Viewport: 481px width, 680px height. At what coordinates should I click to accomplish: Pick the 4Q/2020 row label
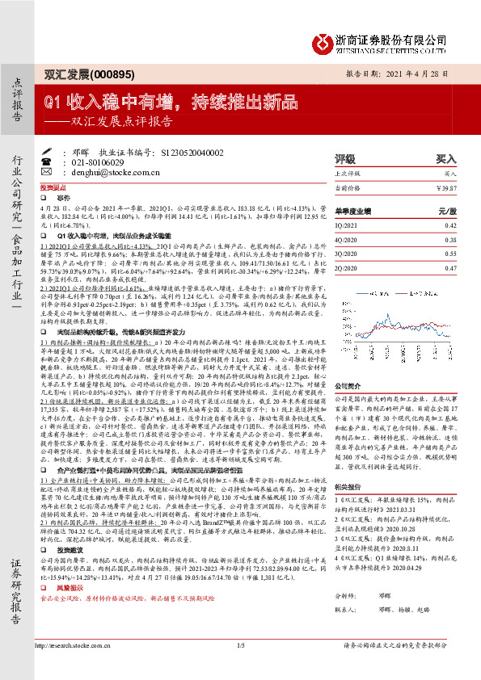click(369, 240)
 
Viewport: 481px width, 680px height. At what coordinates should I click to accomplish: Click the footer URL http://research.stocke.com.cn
click(80, 668)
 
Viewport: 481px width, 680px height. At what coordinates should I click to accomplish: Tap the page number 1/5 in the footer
click(240, 668)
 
